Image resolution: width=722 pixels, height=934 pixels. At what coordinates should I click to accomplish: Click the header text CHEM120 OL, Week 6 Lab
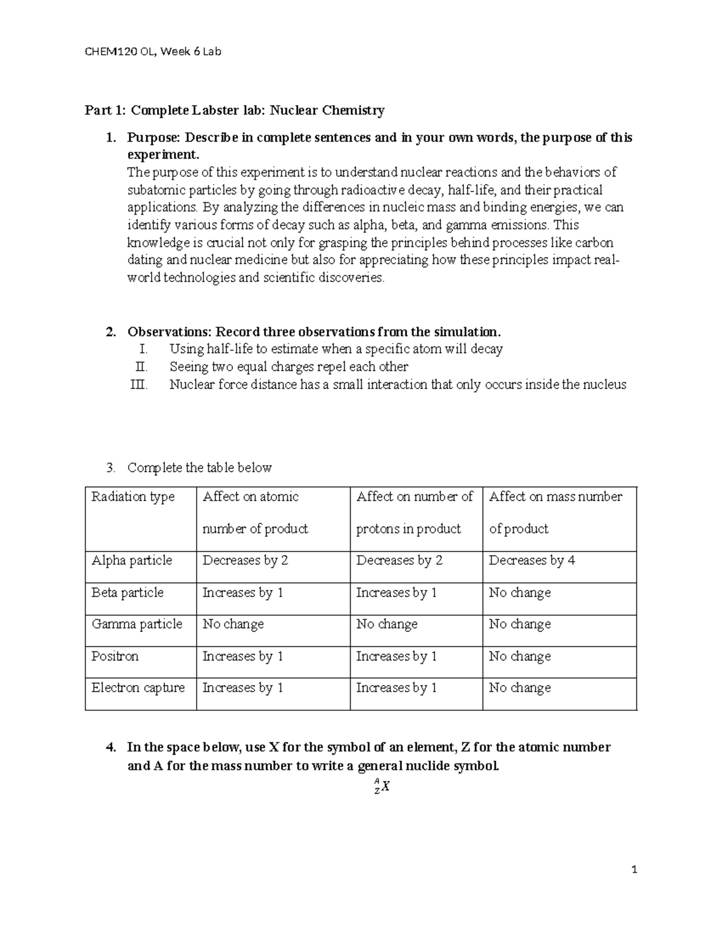(153, 52)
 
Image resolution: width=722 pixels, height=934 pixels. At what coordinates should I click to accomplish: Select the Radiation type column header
(133, 497)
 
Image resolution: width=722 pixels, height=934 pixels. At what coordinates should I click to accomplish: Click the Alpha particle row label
(132, 561)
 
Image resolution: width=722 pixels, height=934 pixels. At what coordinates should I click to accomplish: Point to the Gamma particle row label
(137, 624)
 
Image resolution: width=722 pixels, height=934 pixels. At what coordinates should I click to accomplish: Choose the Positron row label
(115, 656)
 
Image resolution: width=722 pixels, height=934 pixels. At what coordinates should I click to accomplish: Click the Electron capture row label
(138, 688)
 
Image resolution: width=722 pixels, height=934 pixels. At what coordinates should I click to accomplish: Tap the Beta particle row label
(128, 592)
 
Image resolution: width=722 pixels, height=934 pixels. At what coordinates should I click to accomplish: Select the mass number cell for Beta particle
(520, 592)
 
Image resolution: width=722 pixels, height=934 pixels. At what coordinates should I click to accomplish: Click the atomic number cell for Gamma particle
(233, 624)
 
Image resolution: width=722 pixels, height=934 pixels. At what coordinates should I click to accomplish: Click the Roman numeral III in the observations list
(138, 384)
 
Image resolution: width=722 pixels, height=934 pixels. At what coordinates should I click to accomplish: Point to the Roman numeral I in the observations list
(143, 349)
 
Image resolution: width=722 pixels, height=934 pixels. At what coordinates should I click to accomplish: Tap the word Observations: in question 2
(169, 332)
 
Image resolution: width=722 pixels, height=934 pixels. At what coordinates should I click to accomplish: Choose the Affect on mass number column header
(555, 512)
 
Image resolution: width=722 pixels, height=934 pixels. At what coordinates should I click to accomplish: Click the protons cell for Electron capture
(396, 688)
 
